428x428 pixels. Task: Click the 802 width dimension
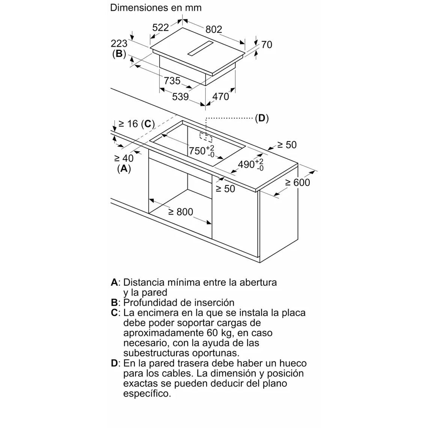tap(214, 29)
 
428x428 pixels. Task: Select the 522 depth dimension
tap(161, 27)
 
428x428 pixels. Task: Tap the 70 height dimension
tap(266, 45)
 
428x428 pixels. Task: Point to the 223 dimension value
tap(119, 44)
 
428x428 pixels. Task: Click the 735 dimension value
tap(172, 81)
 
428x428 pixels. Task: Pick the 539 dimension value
tap(180, 96)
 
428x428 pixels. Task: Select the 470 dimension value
tap(220, 96)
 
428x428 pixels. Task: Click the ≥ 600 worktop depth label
tap(297, 182)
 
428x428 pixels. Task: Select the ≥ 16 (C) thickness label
tap(137, 124)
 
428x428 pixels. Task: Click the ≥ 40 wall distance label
tap(124, 158)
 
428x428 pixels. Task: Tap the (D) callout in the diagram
tap(262, 118)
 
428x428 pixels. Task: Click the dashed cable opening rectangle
tap(205, 137)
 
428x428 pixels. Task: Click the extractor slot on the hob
tap(203, 48)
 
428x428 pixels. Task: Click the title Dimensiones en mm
tap(156, 8)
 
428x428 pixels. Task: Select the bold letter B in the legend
tap(114, 303)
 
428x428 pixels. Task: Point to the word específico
tap(147, 394)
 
